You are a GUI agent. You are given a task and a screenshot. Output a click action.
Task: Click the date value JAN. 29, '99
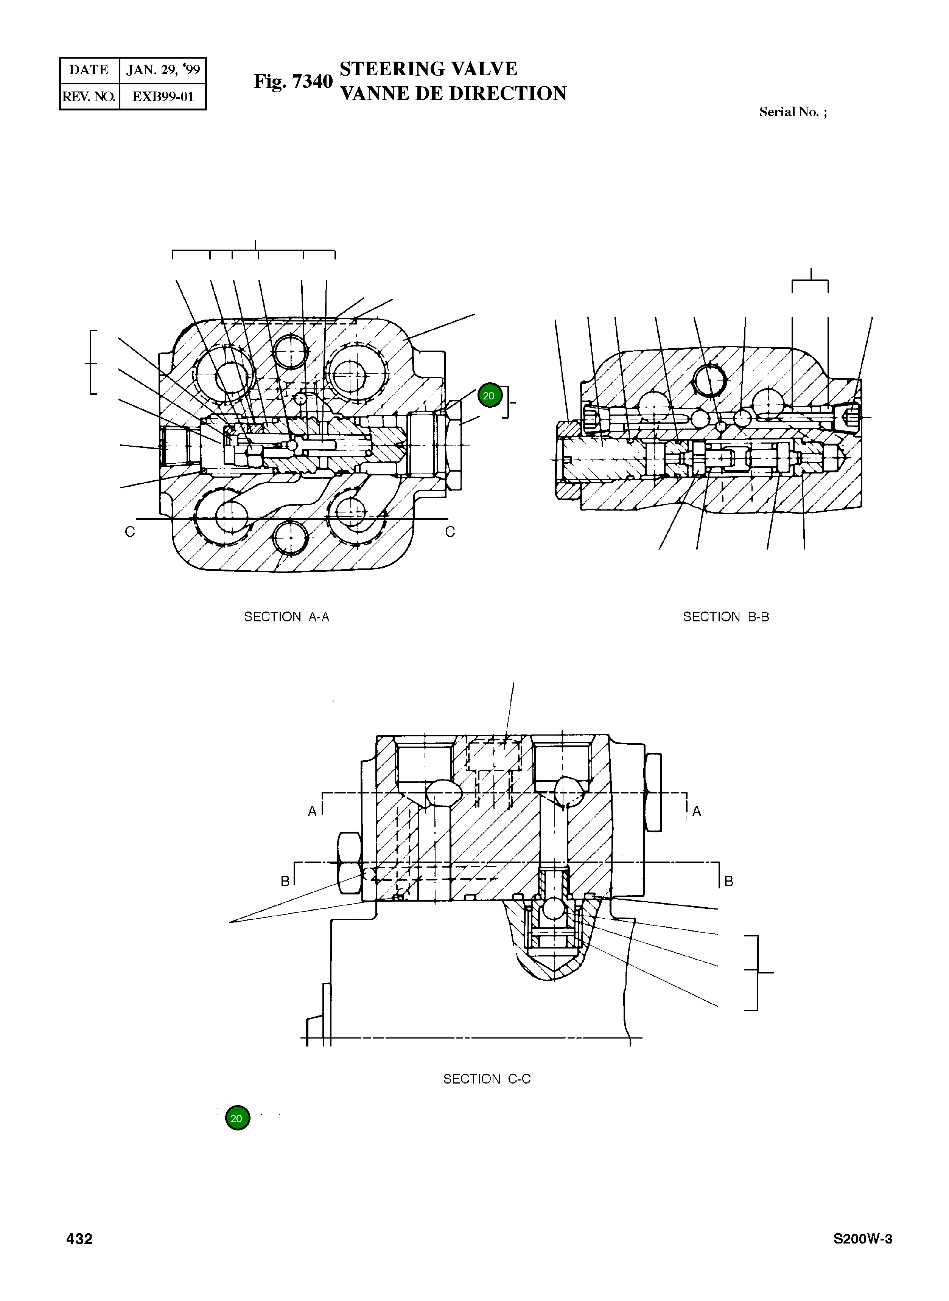[163, 70]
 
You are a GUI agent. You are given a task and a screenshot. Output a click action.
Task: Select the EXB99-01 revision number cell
[163, 96]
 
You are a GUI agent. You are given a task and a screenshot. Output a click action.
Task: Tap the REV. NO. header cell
[89, 96]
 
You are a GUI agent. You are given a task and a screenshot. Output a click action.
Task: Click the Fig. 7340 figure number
[293, 82]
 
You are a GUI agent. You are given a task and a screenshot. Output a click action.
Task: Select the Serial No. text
[793, 112]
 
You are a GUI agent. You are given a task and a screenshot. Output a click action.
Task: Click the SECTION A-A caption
[287, 616]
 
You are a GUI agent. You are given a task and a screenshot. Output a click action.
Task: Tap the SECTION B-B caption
[725, 616]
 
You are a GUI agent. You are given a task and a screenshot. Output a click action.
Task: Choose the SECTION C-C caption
[487, 1079]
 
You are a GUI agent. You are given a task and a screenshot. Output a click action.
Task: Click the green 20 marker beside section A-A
[489, 396]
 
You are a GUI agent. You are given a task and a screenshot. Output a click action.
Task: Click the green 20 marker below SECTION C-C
[237, 1118]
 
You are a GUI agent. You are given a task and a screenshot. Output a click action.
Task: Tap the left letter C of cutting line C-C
[130, 532]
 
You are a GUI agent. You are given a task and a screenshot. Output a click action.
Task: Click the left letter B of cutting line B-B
[285, 881]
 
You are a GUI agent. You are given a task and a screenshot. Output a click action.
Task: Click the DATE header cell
[89, 70]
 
